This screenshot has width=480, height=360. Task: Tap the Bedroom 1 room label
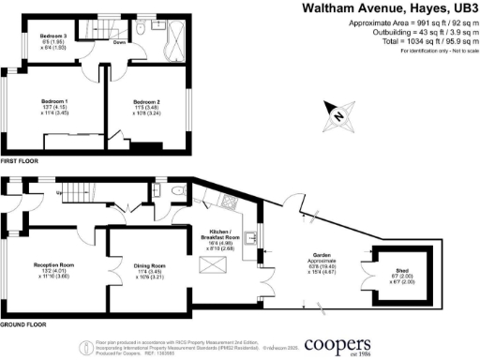(57, 99)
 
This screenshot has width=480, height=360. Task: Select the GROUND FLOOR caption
(24, 324)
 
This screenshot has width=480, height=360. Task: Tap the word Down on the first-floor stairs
(120, 43)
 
